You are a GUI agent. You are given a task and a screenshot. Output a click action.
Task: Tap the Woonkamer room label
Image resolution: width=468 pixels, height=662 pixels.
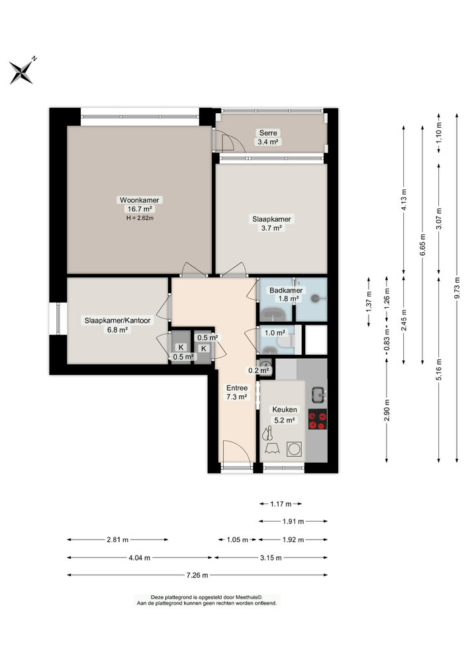140,200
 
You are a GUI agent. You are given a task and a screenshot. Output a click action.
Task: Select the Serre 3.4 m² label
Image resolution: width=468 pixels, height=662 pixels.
268,137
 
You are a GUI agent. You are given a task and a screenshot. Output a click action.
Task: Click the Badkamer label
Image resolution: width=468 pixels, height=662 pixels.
285,291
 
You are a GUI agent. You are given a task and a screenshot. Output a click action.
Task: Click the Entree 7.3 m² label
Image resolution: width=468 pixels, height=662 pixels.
237,392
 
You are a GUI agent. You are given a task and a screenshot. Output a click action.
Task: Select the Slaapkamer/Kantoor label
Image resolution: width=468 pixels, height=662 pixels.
117,320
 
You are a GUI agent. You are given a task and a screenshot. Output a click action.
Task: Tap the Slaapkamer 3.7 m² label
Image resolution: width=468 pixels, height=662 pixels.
271,223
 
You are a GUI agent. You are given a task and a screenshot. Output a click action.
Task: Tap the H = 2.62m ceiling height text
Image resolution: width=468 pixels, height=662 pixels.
140,217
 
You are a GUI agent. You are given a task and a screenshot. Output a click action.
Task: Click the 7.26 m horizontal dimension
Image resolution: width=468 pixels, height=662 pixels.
197,575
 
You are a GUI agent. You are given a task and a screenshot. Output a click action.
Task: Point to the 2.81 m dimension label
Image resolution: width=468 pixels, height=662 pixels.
117,540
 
